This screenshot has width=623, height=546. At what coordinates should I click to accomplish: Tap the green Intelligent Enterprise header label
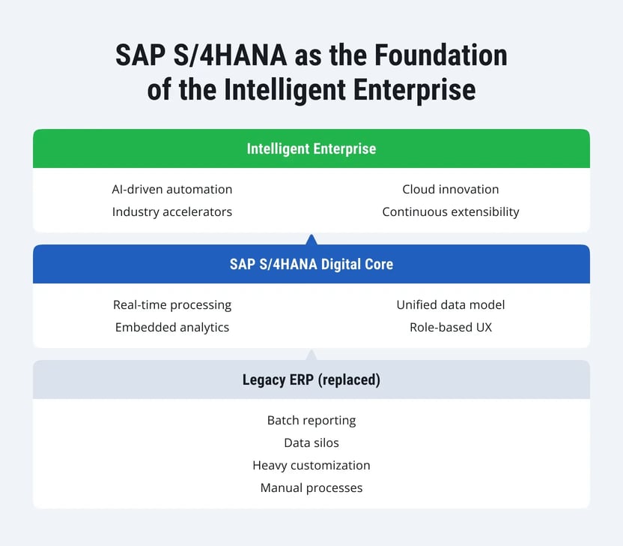(x=311, y=148)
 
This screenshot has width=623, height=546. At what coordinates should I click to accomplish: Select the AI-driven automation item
(x=172, y=189)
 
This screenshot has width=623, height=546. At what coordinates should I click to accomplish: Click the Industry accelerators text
(x=172, y=211)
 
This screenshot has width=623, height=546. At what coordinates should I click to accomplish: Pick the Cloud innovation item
(x=450, y=189)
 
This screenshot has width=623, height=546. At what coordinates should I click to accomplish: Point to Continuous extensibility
(x=450, y=211)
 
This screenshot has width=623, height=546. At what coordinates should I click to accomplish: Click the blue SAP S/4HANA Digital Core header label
(x=311, y=264)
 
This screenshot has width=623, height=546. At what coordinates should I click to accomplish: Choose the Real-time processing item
(x=172, y=304)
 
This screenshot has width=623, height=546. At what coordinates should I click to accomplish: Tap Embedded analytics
(x=172, y=327)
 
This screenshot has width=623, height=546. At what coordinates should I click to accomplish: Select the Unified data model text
(x=450, y=304)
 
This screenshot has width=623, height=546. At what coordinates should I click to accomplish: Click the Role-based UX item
(x=450, y=327)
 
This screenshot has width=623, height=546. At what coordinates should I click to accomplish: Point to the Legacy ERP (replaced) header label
(x=311, y=379)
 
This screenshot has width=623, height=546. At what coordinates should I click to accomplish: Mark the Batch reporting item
(x=311, y=420)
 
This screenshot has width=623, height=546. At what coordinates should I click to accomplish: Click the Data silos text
(x=311, y=442)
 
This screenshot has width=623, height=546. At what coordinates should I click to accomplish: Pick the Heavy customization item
(x=311, y=465)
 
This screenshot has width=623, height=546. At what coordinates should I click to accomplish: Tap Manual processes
(x=311, y=487)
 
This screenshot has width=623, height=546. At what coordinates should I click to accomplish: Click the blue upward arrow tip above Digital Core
(x=311, y=239)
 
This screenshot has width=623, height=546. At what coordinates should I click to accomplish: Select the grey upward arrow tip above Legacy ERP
(x=311, y=355)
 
